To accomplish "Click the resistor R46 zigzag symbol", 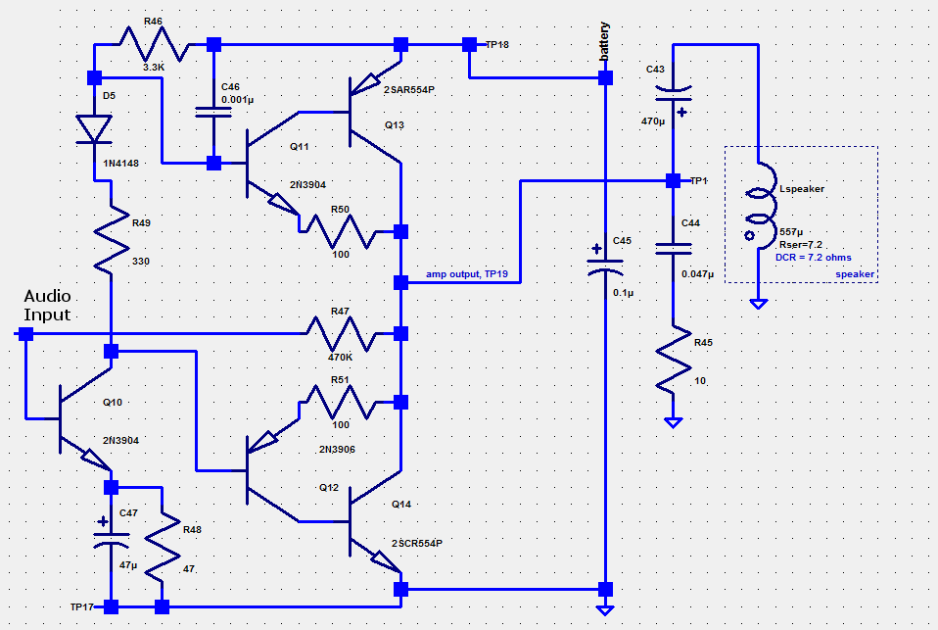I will click(x=152, y=44).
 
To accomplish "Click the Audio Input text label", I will click(x=47, y=305).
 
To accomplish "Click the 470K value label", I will click(x=340, y=359).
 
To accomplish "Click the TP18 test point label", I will click(x=497, y=45).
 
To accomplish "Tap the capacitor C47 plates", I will click(x=111, y=539).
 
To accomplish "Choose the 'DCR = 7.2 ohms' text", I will click(x=815, y=258).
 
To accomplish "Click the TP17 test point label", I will click(x=82, y=607).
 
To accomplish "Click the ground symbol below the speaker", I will click(x=758, y=304).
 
